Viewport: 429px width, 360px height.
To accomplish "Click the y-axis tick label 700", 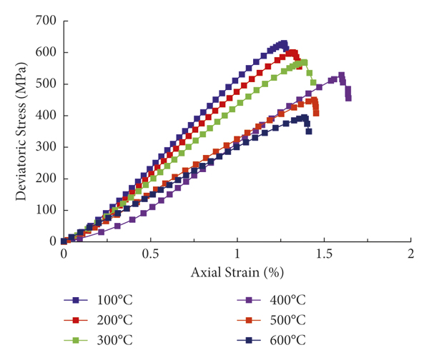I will tap(46, 21).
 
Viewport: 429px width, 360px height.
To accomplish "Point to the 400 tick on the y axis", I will tap(46, 116).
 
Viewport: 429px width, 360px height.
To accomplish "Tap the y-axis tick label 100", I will tap(46, 210).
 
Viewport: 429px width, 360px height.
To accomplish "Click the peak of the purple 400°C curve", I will tap(342, 74).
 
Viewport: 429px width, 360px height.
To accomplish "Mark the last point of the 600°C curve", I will tap(308, 131).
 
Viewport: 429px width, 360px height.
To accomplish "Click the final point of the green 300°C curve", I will tap(312, 82).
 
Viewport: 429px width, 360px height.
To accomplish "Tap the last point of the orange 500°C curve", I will tap(316, 113).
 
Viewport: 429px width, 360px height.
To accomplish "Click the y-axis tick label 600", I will tap(46, 52).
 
